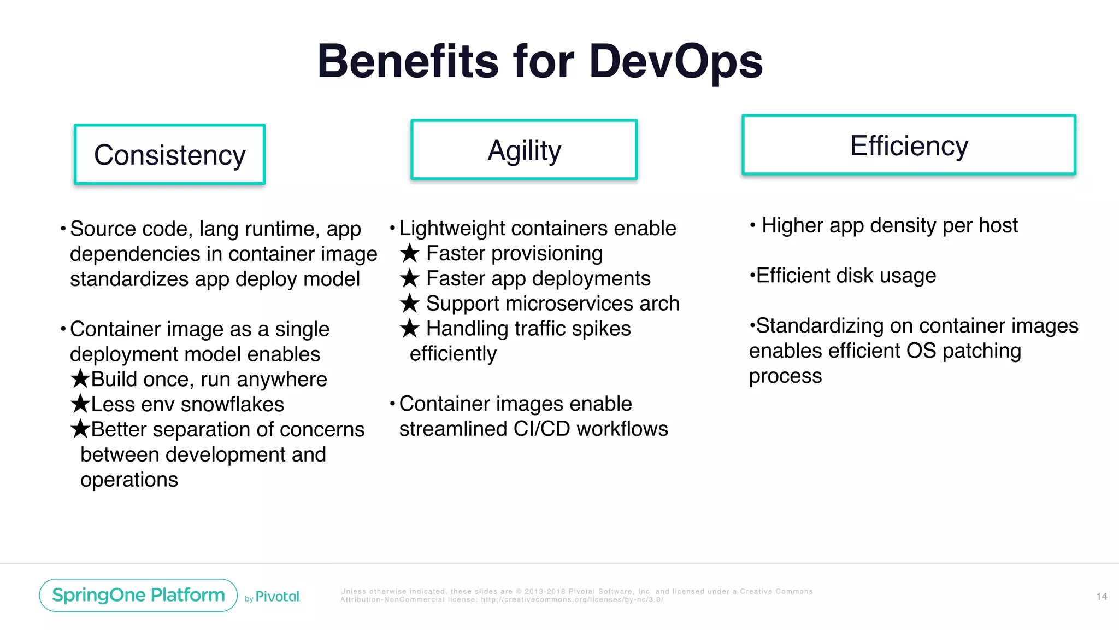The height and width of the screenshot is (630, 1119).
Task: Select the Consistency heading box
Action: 170,155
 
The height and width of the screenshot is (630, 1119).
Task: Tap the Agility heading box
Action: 524,150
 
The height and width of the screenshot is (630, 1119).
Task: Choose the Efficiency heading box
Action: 909,145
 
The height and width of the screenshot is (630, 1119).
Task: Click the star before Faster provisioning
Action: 409,254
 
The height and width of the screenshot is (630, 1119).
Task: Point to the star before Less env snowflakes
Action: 80,404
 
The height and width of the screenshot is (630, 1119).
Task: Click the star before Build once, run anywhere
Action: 80,378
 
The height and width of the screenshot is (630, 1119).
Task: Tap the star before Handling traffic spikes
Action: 409,329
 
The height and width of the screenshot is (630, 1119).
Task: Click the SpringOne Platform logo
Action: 138,595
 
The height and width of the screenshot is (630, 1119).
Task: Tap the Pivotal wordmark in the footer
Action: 278,597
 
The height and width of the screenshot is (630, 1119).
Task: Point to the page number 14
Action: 1102,597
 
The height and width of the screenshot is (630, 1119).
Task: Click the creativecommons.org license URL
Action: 572,600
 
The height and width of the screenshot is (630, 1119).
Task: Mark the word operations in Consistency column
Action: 129,480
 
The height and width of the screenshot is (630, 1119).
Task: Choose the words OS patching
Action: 963,351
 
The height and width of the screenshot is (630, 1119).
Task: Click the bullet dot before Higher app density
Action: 752,225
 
